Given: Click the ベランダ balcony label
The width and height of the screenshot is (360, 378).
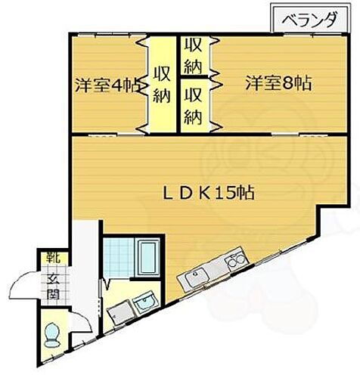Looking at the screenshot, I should point(310,21).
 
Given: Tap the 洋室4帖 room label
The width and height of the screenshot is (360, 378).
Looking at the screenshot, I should point(107,85).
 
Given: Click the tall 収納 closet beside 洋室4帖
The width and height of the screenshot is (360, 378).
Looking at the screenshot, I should point(160,85).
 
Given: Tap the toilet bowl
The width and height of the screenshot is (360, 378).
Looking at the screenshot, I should point(51,333).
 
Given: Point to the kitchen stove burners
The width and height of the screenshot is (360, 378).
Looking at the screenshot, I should point(234,262).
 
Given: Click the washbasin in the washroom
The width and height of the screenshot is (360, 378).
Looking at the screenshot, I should point(143,305).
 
